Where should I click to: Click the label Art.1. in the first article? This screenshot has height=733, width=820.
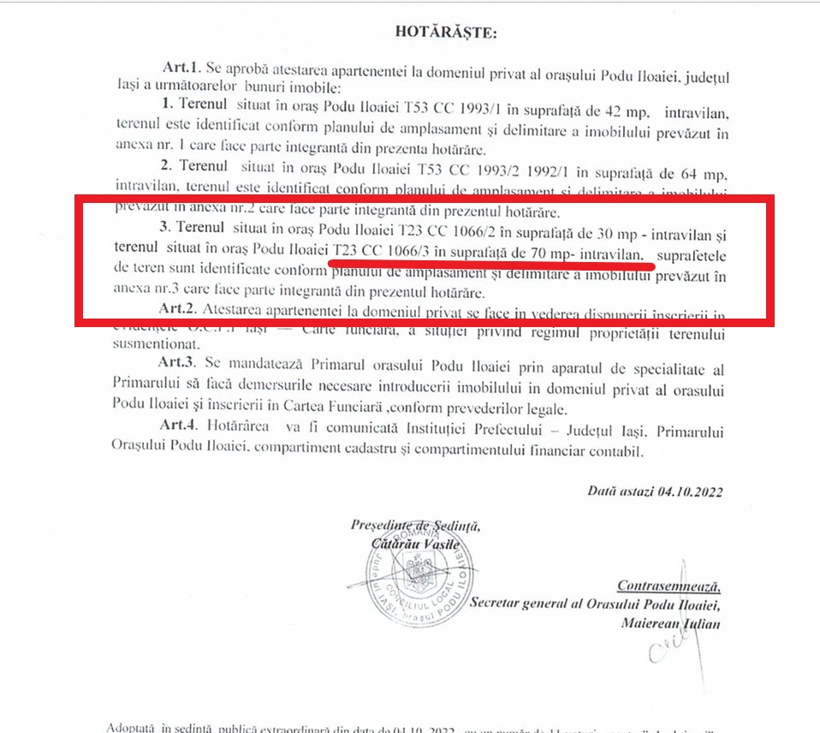click(182, 67)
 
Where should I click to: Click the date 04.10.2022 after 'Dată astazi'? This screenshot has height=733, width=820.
click(691, 492)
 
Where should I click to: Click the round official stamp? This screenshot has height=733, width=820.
click(424, 577)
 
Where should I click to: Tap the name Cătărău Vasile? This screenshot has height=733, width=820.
click(417, 544)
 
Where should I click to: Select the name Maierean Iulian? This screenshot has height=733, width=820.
click(670, 624)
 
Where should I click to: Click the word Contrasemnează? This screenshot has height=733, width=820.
click(668, 587)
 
